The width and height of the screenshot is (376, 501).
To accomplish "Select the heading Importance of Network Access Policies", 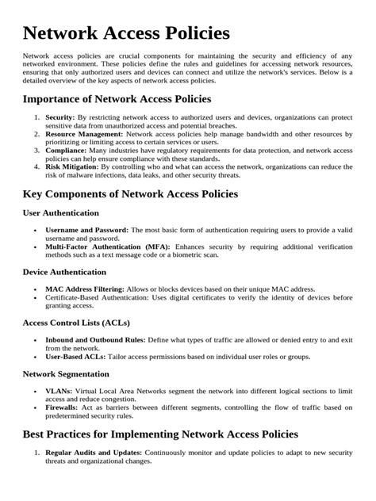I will click(x=117, y=99).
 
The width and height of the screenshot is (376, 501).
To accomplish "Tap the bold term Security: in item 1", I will click(x=60, y=117).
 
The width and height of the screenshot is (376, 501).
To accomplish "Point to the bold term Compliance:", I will click(x=68, y=151).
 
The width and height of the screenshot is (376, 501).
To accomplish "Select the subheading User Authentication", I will click(x=61, y=213).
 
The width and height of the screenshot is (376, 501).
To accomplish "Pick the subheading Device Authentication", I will click(x=65, y=273).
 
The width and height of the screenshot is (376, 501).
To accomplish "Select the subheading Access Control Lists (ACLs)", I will click(x=76, y=323).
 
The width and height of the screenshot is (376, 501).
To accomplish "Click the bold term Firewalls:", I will click(x=65, y=407).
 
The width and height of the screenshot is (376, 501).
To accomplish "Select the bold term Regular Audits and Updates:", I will click(x=100, y=452).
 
